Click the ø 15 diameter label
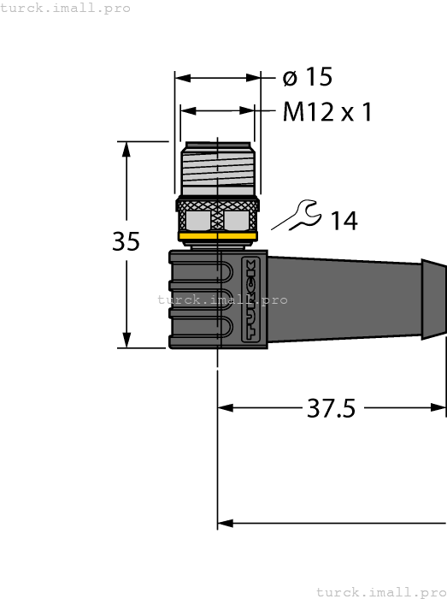[307, 77]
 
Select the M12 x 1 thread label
[327, 112]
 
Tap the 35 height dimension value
[126, 242]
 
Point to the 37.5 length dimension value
[331, 408]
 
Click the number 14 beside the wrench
[344, 221]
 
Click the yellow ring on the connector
[217, 235]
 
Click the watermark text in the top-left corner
[66, 8]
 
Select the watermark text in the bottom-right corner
[380, 591]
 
